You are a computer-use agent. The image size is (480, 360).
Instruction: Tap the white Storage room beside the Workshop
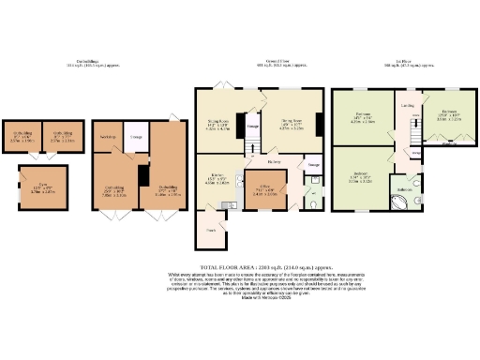tap(135, 138)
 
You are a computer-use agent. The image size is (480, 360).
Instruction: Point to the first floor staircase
tap(410, 141)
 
